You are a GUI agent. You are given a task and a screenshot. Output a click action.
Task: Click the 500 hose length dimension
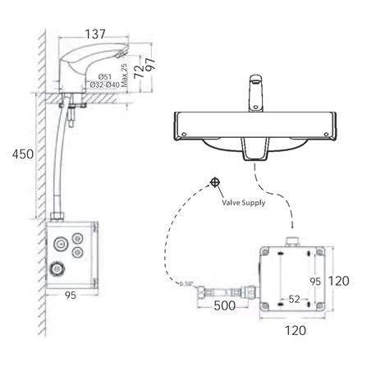pyautogui.click(x=224, y=305)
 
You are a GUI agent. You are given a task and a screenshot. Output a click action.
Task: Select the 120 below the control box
pyautogui.click(x=296, y=332)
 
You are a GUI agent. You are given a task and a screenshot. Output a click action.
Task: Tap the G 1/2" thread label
pyautogui.click(x=186, y=285)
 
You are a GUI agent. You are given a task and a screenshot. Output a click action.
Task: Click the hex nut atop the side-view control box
pyautogui.click(x=60, y=214)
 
